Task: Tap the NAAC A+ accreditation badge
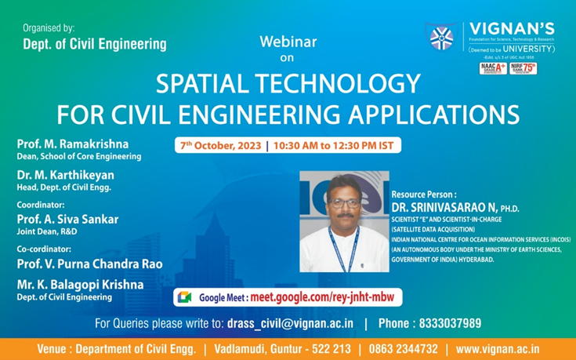click(491, 68)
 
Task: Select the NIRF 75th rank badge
click(523, 68)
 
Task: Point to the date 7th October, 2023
click(222, 146)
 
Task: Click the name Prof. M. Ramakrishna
click(72, 144)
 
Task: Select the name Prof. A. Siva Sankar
click(67, 220)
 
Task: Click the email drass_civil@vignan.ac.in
click(290, 323)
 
